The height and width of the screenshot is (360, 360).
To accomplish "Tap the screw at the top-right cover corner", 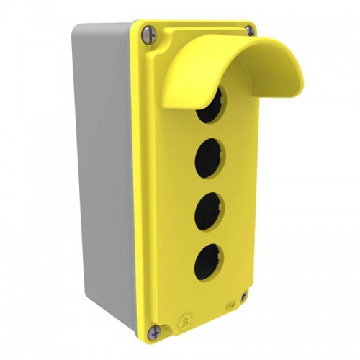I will click(x=249, y=30).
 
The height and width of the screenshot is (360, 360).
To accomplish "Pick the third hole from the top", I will click(x=207, y=209).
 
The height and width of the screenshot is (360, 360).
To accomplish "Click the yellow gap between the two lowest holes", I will click(x=207, y=235).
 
